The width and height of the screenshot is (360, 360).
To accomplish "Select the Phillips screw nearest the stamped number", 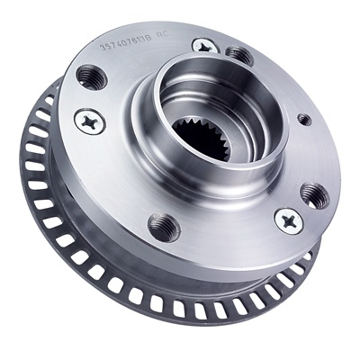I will pyautogui.click(x=203, y=44).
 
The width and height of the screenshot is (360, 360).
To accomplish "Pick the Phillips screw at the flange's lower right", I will pyautogui.click(x=288, y=218).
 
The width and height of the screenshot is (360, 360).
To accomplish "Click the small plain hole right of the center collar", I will pyautogui.click(x=304, y=118).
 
